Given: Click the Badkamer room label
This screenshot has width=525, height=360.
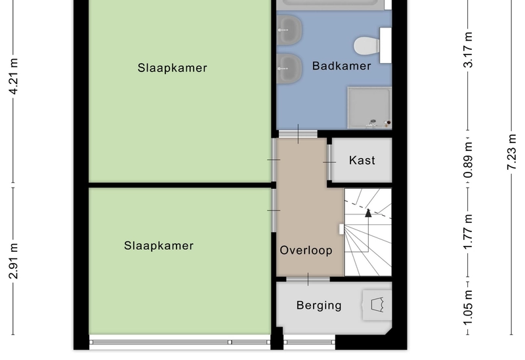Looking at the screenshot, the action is tap(341, 66).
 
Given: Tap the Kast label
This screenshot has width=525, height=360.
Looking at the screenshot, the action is tap(362, 160).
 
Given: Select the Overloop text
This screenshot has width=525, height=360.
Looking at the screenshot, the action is tap(306, 250).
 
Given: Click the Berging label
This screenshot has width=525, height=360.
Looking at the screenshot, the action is tap(319, 306).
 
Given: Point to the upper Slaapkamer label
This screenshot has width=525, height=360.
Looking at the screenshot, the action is tap(173, 68).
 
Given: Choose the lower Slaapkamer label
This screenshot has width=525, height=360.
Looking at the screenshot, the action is tap(159, 246).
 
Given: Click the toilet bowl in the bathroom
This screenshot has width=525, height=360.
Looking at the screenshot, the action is tap(367, 46).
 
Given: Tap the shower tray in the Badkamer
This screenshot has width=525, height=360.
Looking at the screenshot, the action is tap(369, 108).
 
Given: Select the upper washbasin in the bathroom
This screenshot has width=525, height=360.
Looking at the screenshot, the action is tap(289, 30).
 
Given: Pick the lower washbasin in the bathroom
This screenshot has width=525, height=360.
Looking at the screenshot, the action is tap(289, 69).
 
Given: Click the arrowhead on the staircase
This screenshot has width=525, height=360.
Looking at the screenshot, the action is tap(368, 213).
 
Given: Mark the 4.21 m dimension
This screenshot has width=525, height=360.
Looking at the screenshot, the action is tap(13, 77).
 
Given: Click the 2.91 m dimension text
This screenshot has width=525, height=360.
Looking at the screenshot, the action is tap(13, 261).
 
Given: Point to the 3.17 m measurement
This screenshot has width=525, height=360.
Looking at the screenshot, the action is tap(468, 50).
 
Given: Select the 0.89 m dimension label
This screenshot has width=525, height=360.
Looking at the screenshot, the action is tap(468, 160).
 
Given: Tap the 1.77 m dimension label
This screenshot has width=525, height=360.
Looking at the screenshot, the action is tap(468, 232).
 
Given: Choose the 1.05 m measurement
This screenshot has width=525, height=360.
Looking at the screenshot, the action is tap(468, 308).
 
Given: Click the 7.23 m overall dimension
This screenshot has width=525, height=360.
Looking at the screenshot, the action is tap(512, 151).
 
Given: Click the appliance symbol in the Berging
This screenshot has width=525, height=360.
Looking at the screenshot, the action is tap(377, 305).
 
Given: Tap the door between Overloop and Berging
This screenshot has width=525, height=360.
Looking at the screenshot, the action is tap(308, 279).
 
